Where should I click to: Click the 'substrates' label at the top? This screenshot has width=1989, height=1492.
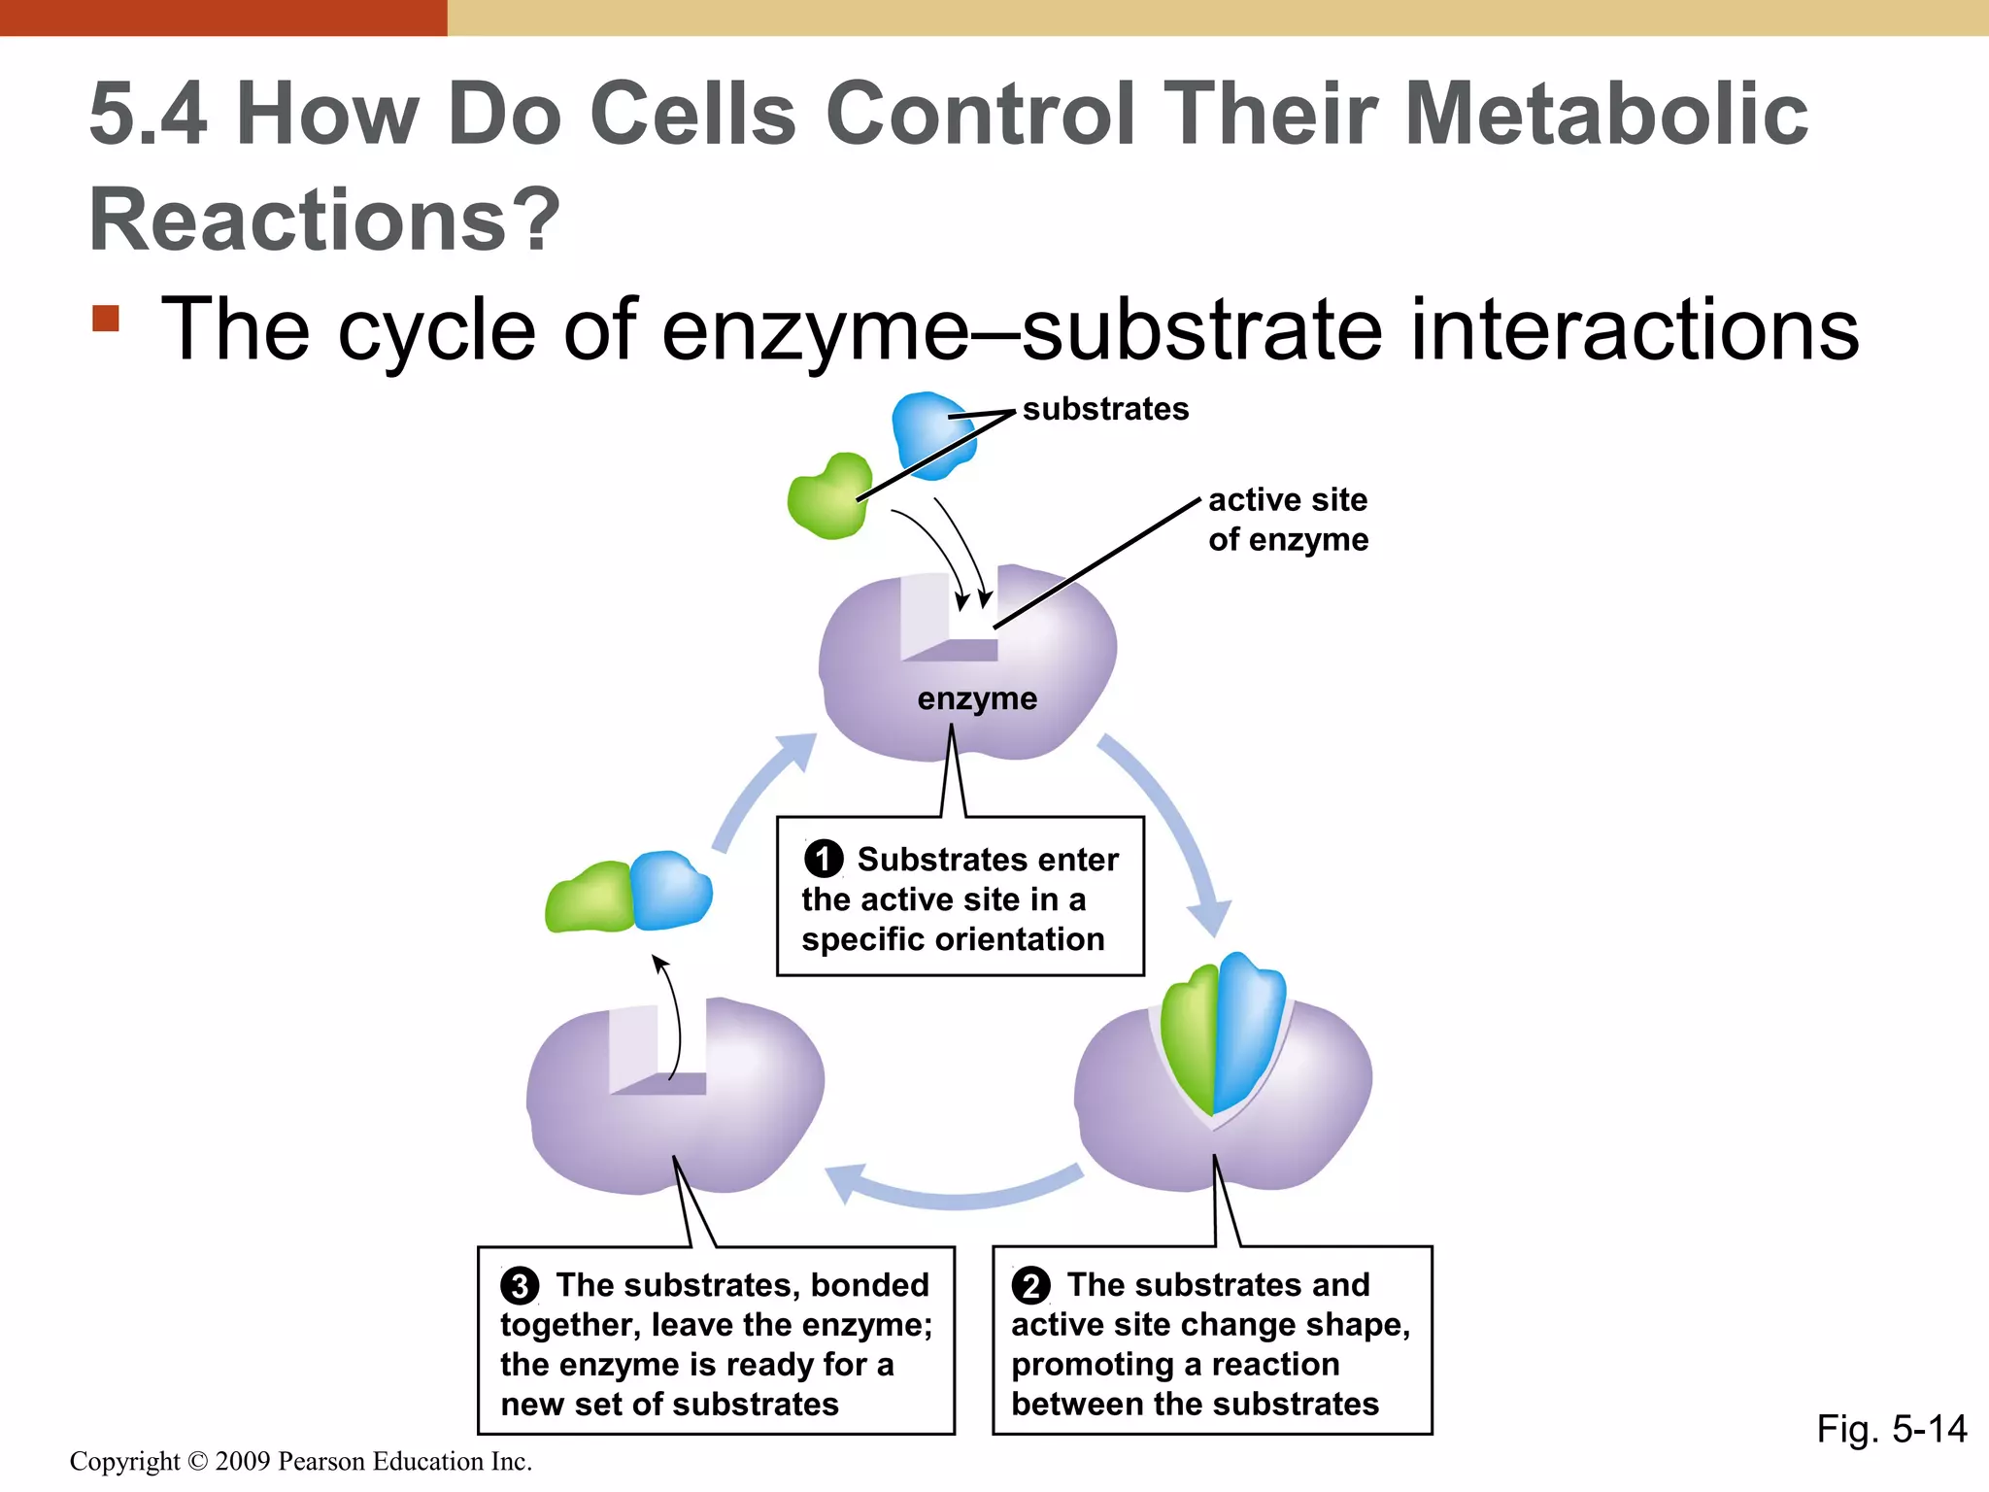[x=1105, y=409]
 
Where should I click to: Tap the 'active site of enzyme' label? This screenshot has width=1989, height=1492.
[x=1288, y=520]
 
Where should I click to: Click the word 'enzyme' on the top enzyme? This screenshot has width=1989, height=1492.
[x=977, y=698]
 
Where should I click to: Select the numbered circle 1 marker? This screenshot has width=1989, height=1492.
[x=824, y=859]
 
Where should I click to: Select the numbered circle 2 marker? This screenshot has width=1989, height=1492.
[x=1030, y=1285]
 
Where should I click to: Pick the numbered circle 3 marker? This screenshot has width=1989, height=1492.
[x=520, y=1285]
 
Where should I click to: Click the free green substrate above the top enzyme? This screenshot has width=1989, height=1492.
[x=828, y=496]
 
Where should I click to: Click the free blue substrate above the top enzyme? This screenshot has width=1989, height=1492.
[x=930, y=434]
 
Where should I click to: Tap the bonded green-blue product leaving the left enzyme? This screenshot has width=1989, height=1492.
[x=629, y=893]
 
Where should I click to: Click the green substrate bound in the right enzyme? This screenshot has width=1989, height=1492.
[x=1191, y=1039]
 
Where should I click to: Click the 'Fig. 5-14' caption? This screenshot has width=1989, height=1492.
[x=1891, y=1429]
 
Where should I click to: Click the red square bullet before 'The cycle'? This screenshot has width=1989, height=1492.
[x=106, y=319]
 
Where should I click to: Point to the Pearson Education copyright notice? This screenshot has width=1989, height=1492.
[x=301, y=1461]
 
